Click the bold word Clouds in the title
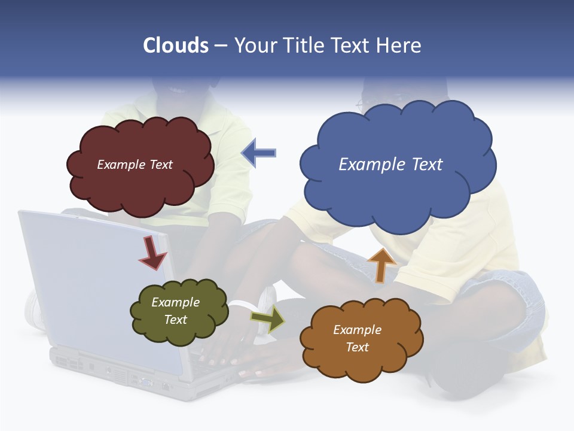pos(176,45)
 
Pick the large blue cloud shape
pos(398,192)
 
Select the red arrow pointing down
pos(152,254)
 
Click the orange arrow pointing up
pos(381,264)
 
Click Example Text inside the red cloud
pos(135,165)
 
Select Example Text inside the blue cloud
pos(390,165)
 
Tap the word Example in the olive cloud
pos(175,302)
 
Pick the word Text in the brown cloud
pos(357,347)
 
